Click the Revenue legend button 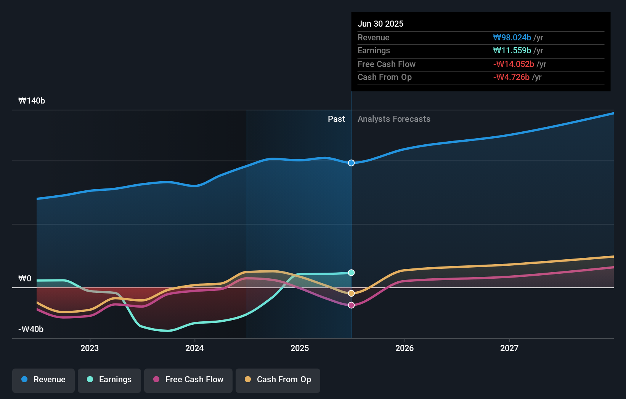(x=43, y=380)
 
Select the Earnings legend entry (x=109, y=380)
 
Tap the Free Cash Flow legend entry (x=188, y=380)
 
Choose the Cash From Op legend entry (x=278, y=380)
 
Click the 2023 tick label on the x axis (x=90, y=348)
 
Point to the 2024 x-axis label (x=194, y=348)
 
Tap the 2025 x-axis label (x=300, y=348)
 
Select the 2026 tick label (x=404, y=348)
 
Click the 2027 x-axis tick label (x=509, y=348)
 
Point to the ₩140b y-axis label (x=32, y=101)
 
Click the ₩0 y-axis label (x=25, y=279)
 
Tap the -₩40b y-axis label (x=31, y=329)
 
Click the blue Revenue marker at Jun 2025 (x=352, y=163)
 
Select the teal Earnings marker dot (x=352, y=273)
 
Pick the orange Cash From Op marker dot (x=352, y=293)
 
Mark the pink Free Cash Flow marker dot (x=352, y=305)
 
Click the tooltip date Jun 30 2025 (x=380, y=24)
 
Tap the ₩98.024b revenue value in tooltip (x=512, y=38)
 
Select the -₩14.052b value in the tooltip (x=514, y=64)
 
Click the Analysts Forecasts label (x=394, y=119)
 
